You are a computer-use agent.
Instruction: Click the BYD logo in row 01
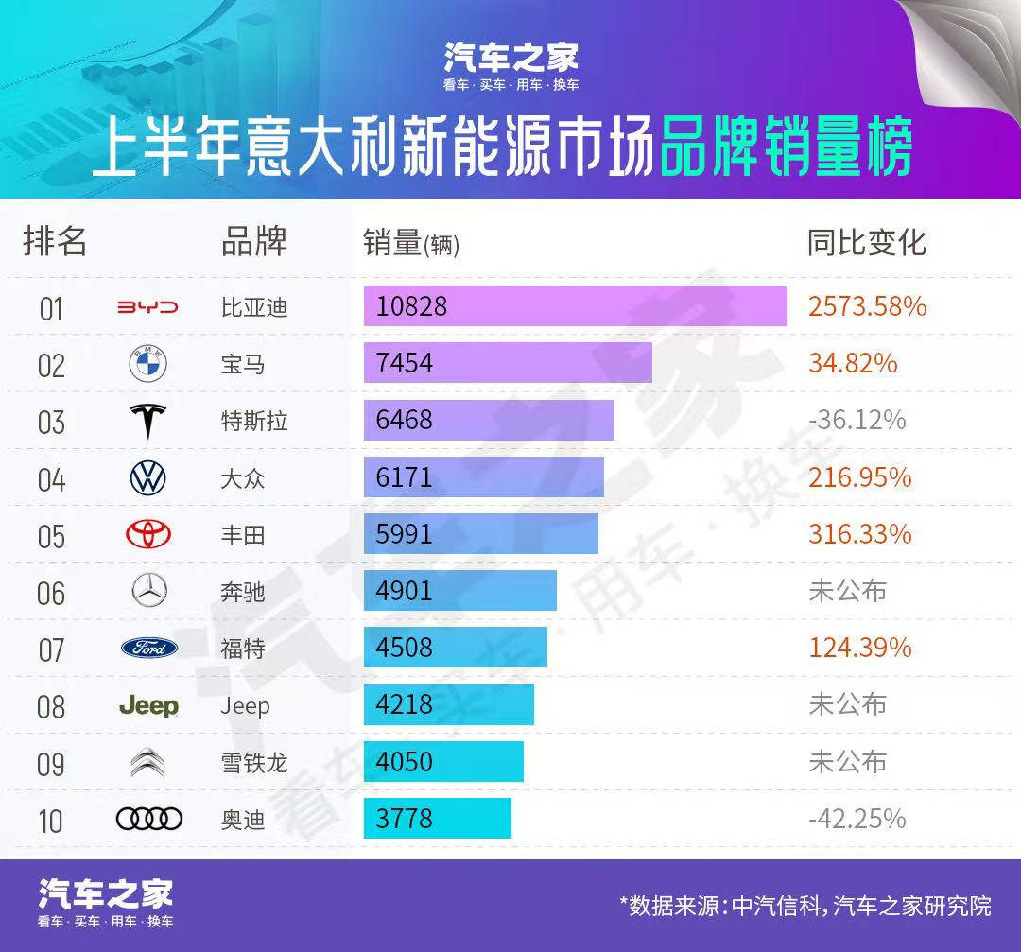(x=147, y=307)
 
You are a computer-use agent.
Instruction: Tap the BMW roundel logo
(x=147, y=364)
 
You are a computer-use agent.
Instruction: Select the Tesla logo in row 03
(x=147, y=421)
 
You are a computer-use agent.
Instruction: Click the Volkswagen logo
(x=147, y=478)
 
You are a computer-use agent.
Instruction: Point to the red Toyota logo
(x=148, y=535)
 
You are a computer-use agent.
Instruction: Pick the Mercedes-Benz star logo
(x=148, y=592)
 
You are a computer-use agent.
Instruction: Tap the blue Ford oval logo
(x=149, y=649)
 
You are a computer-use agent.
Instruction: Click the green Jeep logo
(x=148, y=706)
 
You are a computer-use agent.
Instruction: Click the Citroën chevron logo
(x=148, y=762)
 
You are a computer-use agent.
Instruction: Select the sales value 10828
(x=411, y=307)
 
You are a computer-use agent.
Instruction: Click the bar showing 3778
(x=437, y=819)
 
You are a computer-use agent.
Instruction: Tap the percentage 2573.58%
(x=867, y=307)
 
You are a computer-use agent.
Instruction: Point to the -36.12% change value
(x=857, y=420)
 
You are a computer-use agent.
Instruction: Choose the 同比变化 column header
(x=866, y=243)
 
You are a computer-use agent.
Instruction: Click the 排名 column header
(x=55, y=242)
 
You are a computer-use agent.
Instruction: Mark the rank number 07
(x=51, y=650)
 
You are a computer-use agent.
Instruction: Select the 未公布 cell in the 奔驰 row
(x=847, y=592)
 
